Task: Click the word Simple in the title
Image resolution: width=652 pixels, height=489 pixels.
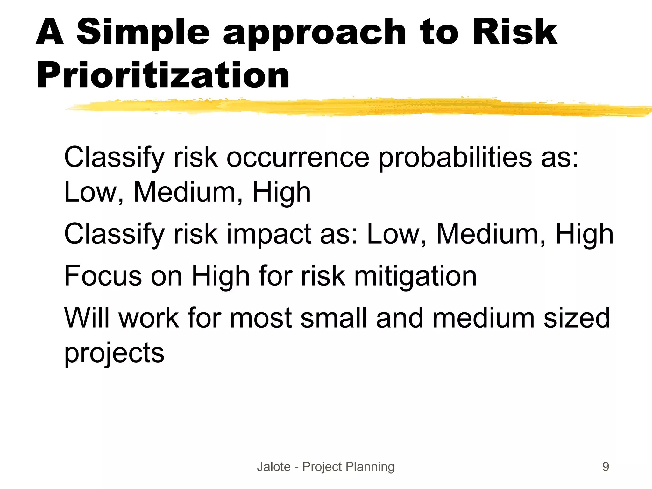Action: (143, 32)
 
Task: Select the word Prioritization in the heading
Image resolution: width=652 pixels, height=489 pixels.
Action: (163, 76)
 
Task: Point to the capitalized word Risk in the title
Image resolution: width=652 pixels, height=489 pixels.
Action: (514, 32)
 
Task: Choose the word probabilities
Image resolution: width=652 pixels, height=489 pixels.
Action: (455, 158)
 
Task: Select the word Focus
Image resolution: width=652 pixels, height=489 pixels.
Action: (103, 276)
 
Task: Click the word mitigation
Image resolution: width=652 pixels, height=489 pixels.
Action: (415, 276)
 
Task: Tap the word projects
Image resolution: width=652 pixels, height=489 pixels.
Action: (114, 353)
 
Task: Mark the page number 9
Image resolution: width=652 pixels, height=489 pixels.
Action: (606, 467)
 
